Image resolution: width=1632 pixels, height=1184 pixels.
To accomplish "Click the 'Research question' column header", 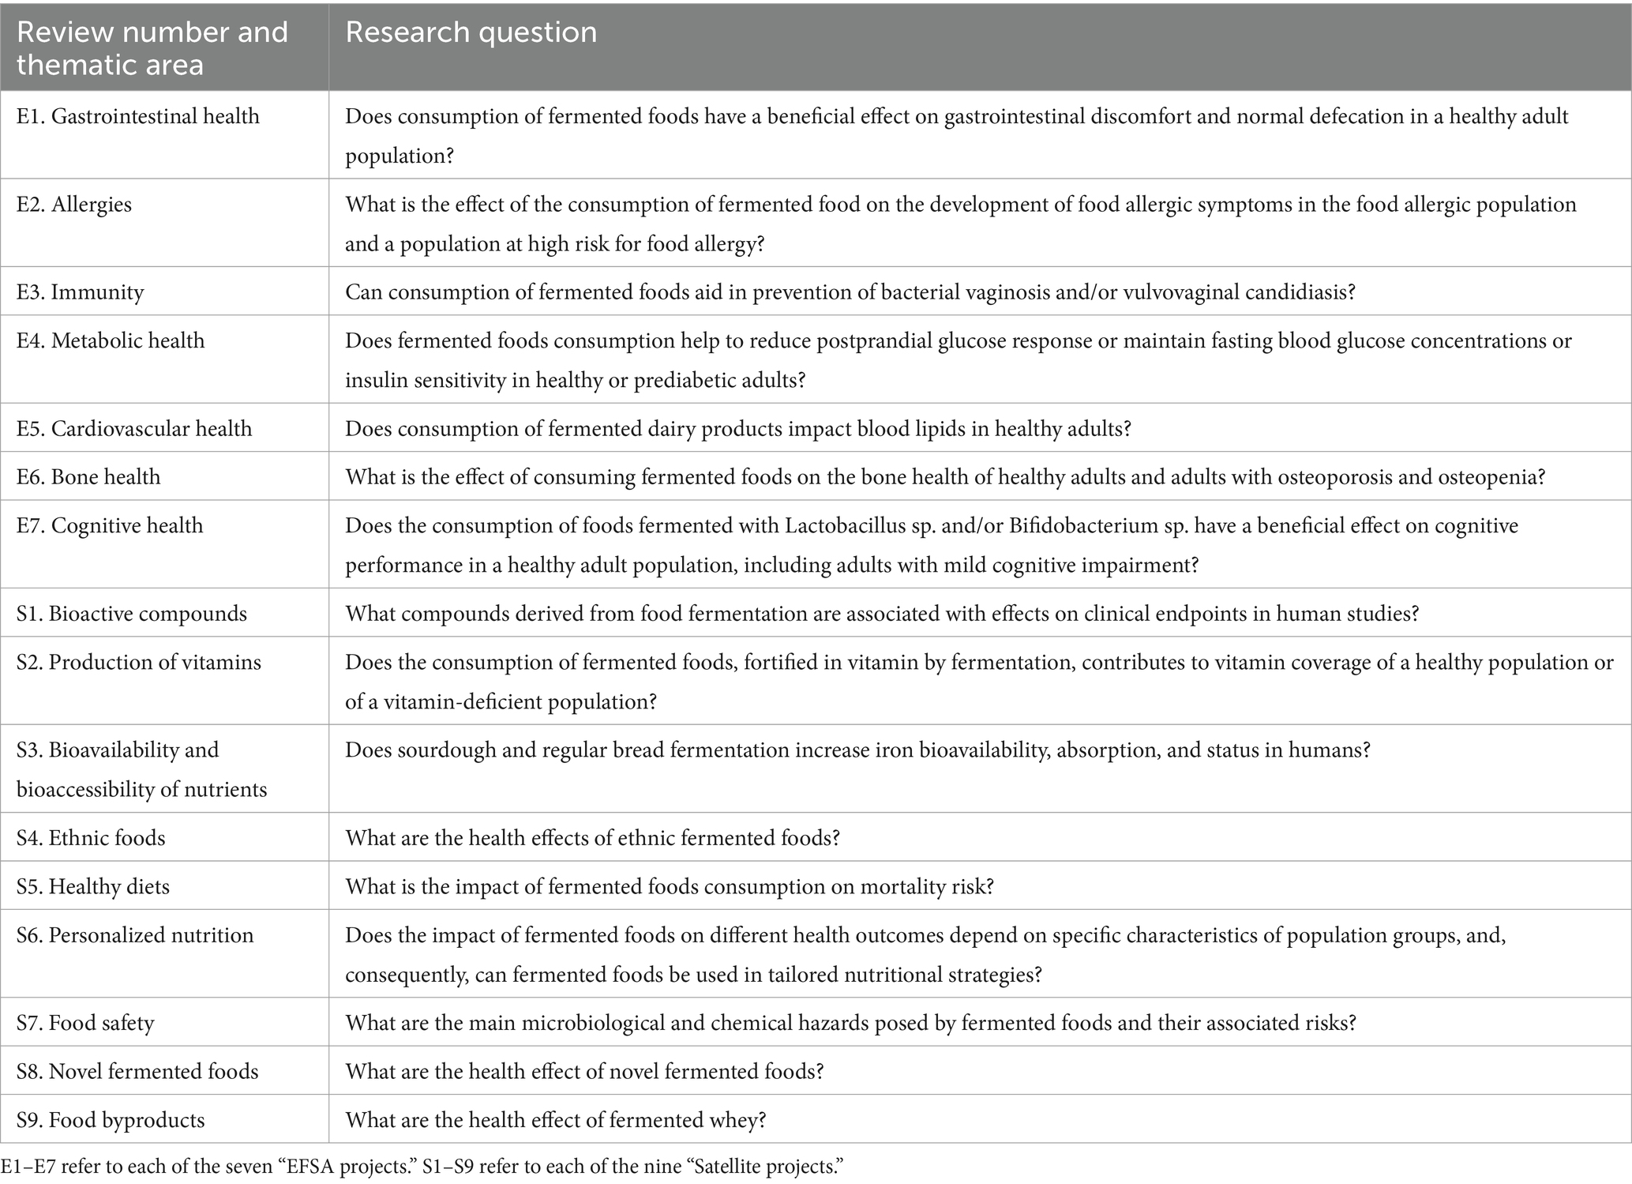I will pyautogui.click(x=471, y=32).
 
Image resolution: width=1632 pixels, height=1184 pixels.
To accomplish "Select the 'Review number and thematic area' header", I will pyautogui.click(x=152, y=47).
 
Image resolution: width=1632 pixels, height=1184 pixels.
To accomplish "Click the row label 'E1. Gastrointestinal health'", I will pyautogui.click(x=138, y=116).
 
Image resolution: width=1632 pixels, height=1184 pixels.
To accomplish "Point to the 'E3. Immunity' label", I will pyautogui.click(x=80, y=292).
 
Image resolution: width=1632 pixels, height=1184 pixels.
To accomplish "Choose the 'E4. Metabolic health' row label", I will pyautogui.click(x=111, y=340).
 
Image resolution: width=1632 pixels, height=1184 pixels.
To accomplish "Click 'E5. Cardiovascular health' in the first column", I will pyautogui.click(x=134, y=428).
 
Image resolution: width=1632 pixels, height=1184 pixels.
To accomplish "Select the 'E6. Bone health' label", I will pyautogui.click(x=88, y=477).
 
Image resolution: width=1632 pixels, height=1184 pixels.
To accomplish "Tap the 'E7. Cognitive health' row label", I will pyautogui.click(x=110, y=525).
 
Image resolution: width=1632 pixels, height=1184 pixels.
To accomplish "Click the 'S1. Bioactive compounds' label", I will pyautogui.click(x=131, y=614).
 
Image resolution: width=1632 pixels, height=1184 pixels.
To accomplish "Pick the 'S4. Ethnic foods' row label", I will pyautogui.click(x=91, y=837).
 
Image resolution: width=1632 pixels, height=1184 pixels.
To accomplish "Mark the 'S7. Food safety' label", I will pyautogui.click(x=85, y=1023).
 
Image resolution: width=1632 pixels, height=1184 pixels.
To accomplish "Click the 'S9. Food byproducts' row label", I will pyautogui.click(x=111, y=1120).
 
